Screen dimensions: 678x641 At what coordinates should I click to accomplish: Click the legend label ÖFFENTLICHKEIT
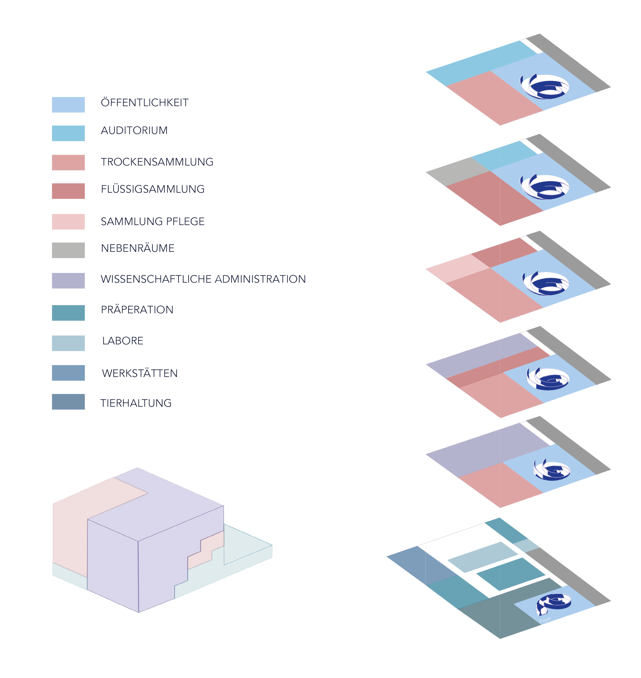[x=145, y=103]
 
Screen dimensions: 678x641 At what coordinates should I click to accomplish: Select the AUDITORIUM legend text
[x=134, y=130]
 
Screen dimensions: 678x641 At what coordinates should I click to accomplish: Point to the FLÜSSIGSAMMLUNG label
[x=153, y=189]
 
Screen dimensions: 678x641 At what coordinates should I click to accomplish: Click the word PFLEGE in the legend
[x=185, y=221]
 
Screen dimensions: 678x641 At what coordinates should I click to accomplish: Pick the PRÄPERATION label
[x=137, y=309]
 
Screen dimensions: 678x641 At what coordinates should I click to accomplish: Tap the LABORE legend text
[x=123, y=340]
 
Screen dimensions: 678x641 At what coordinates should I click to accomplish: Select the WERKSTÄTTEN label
[x=140, y=373]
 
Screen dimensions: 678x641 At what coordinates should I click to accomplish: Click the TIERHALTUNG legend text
[x=136, y=403]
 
